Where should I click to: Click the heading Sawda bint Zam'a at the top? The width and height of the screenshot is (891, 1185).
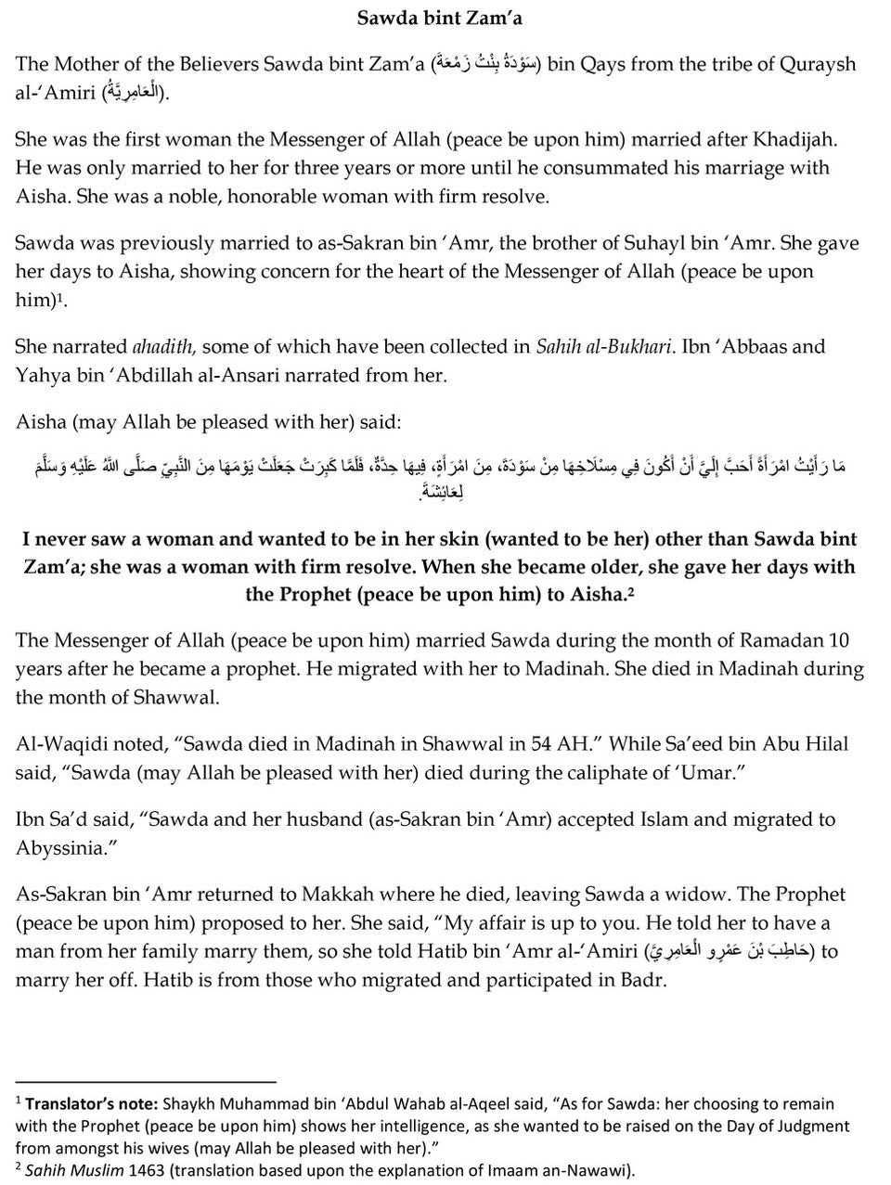445,16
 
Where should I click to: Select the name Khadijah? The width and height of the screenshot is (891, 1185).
797,139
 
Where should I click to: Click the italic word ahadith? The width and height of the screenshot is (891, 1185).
163,346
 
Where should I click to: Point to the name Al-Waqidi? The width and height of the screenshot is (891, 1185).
59,743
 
